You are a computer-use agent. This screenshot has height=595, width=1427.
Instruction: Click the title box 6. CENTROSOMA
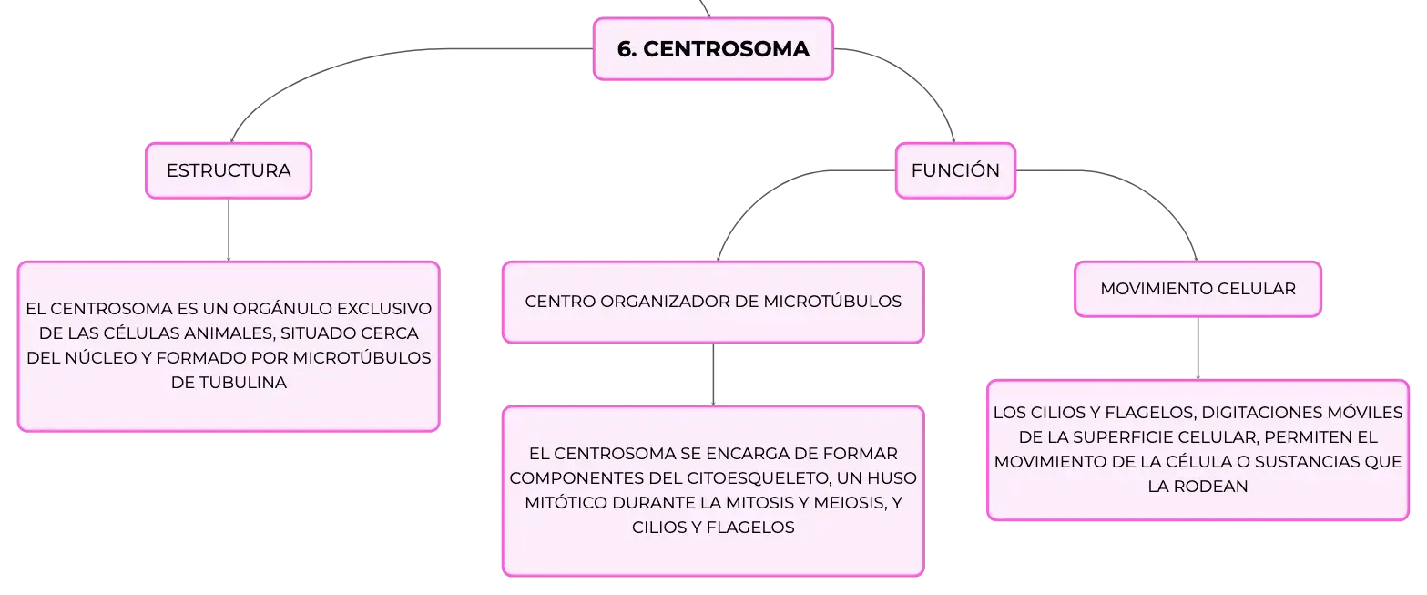click(713, 49)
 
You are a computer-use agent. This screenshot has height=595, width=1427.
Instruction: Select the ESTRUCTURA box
click(229, 170)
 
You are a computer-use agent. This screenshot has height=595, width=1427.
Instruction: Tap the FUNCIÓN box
click(955, 170)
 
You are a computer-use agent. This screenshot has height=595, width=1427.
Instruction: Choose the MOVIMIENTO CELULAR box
click(1198, 289)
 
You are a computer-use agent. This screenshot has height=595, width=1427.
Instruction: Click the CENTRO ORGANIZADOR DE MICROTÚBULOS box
click(713, 302)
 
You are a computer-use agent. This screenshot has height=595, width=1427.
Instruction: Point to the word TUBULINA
click(243, 383)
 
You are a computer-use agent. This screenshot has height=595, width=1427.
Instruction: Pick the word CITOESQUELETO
click(758, 478)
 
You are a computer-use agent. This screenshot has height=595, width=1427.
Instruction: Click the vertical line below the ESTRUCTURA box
click(229, 230)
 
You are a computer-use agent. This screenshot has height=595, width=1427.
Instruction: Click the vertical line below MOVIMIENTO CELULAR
click(1198, 348)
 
